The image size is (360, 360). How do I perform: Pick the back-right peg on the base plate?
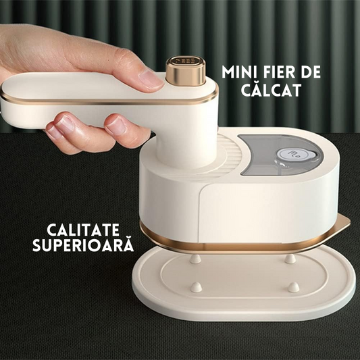coord(289,258)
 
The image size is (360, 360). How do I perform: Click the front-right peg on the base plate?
coord(293,286)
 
